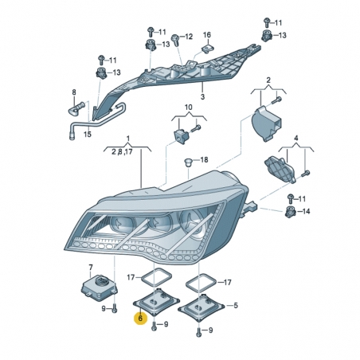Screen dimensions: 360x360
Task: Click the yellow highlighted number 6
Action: tap(140, 318)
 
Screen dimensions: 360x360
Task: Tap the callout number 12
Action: tap(189, 37)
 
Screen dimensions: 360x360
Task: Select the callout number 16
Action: tap(206, 35)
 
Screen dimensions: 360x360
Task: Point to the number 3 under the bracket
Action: tap(202, 96)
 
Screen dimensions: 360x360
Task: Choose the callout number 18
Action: tap(204, 160)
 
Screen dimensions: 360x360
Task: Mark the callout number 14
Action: tap(306, 210)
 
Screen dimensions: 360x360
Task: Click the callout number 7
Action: tap(90, 268)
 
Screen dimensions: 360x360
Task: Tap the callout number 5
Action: tap(234, 305)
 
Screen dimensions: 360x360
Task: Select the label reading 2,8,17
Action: tap(123, 151)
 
